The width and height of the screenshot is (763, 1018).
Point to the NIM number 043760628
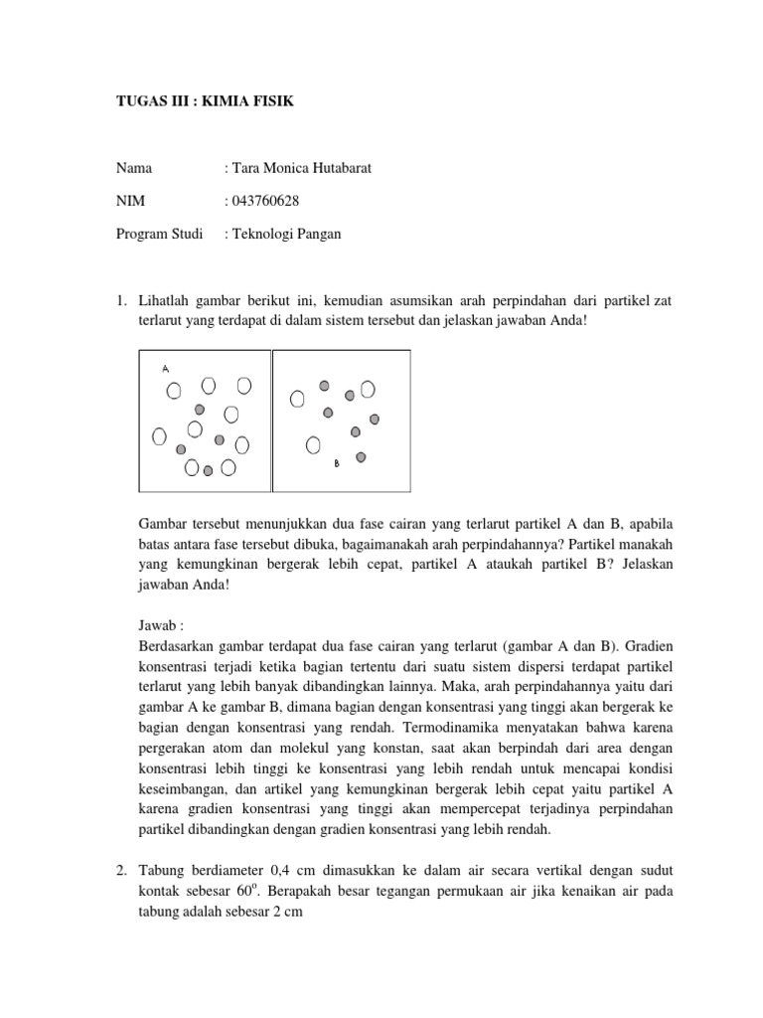(264, 202)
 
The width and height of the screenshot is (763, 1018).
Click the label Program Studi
(158, 235)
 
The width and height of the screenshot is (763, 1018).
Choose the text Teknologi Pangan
(287, 235)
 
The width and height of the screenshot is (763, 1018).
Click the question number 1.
(118, 301)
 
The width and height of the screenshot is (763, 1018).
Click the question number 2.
(118, 872)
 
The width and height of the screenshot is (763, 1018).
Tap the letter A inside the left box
(166, 369)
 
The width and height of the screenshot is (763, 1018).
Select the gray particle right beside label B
(361, 457)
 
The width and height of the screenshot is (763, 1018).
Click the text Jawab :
(158, 628)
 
